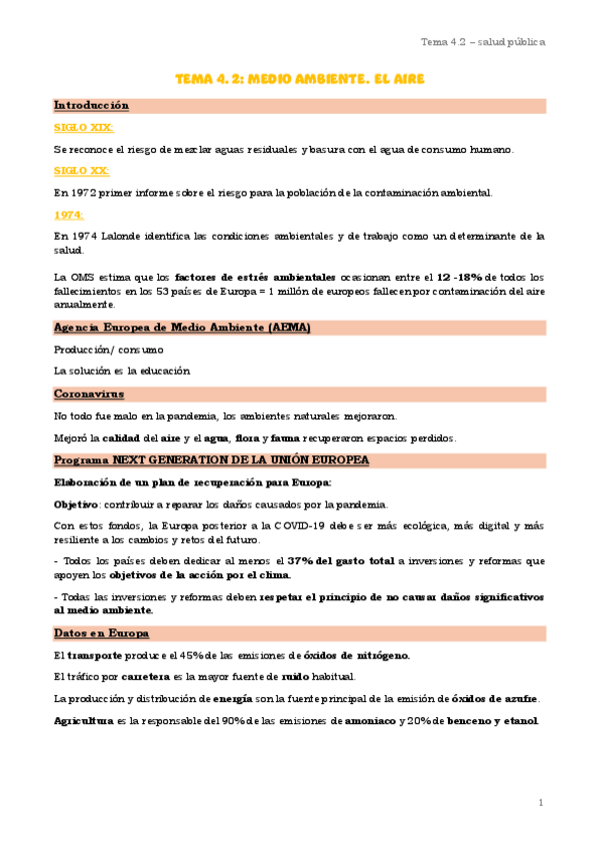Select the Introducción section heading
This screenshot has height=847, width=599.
tap(91, 105)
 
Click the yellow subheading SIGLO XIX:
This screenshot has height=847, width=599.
tap(83, 127)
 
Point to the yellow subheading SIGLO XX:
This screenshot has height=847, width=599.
tap(82, 171)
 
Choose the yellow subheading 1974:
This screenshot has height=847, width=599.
tap(69, 214)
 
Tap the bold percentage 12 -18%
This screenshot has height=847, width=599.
tap(466, 276)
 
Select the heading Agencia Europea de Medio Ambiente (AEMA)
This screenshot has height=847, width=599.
tap(182, 328)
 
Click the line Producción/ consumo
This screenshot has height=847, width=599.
tap(108, 350)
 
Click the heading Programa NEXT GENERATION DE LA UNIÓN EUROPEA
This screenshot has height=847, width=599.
tap(211, 459)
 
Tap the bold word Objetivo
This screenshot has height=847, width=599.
tap(76, 503)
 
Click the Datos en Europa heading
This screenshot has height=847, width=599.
tap(101, 633)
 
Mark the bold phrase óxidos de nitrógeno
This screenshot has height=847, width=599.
tap(356, 655)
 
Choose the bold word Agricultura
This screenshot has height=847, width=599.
tap(85, 721)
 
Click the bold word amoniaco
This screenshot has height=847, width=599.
tap(365, 721)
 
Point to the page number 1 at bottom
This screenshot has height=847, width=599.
tap(540, 802)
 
